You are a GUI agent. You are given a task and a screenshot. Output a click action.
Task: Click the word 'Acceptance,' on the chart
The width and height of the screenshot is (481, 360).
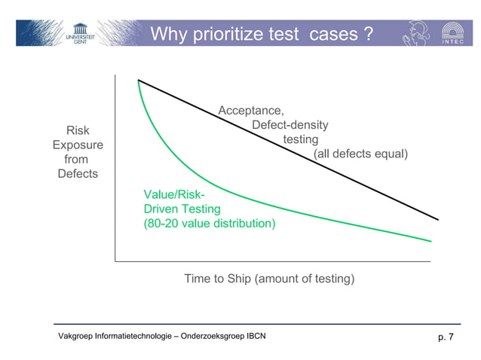pyautogui.click(x=251, y=111)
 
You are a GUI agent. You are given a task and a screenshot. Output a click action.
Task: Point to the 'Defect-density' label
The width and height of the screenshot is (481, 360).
pyautogui.click(x=290, y=126)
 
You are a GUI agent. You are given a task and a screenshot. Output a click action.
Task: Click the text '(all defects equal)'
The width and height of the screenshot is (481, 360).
pyautogui.click(x=360, y=154)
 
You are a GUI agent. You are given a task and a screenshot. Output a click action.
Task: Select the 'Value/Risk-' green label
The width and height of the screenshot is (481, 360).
pyautogui.click(x=170, y=195)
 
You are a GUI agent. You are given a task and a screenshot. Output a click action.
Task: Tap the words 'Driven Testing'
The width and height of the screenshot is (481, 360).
pyautogui.click(x=182, y=209)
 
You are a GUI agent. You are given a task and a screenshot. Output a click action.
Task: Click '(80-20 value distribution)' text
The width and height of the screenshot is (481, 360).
pyautogui.click(x=210, y=224)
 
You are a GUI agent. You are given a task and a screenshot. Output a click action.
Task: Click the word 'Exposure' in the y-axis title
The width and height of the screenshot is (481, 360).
pyautogui.click(x=78, y=145)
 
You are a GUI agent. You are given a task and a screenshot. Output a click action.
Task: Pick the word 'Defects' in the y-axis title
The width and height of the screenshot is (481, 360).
pyautogui.click(x=78, y=174)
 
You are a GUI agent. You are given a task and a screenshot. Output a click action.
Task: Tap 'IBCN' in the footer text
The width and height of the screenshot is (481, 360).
pyautogui.click(x=253, y=336)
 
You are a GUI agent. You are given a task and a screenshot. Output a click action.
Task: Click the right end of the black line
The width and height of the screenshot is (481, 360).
pyautogui.click(x=437, y=219)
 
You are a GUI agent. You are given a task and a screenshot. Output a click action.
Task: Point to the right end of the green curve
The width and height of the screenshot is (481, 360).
pyautogui.click(x=430, y=241)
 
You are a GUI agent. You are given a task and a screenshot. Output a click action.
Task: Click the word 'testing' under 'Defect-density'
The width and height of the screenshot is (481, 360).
pyautogui.click(x=300, y=140)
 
